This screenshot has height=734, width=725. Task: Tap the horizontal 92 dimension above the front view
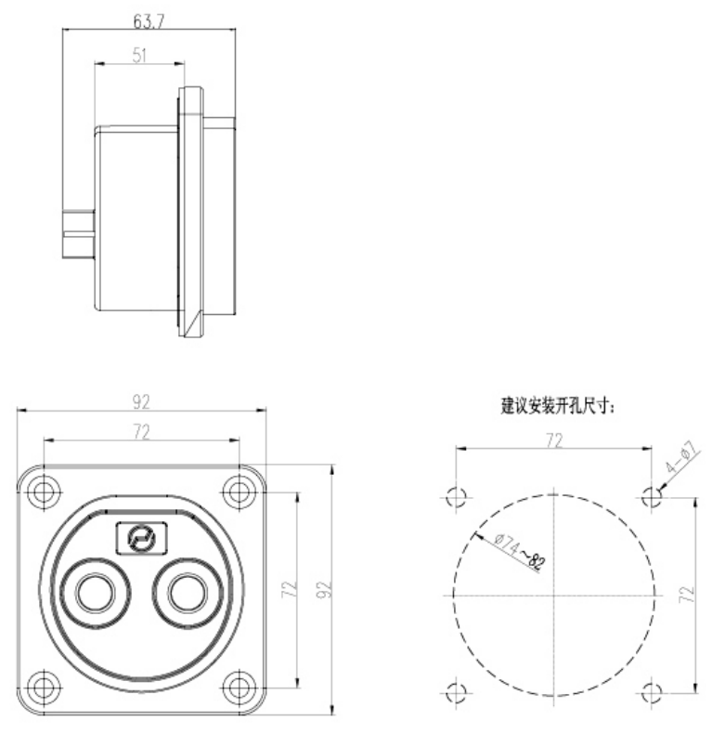141,402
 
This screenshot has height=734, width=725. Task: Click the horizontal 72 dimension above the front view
141,432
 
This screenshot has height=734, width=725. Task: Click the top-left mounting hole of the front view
44,489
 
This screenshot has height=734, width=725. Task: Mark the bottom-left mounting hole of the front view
44,688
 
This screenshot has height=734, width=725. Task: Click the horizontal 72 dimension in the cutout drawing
553,441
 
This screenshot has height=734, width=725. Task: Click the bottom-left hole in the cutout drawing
455,692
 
